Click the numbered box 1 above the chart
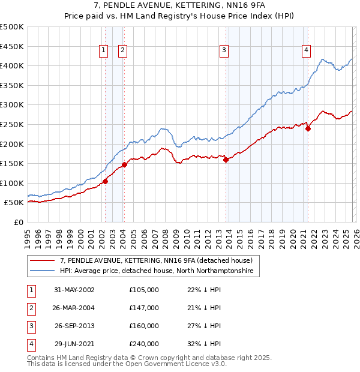[x=104, y=51]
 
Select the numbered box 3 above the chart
[x=224, y=51]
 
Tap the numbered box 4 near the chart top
[x=306, y=51]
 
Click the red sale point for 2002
[x=105, y=181]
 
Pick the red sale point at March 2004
[x=124, y=164]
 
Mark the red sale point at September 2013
[x=226, y=160]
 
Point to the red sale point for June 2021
[x=308, y=128]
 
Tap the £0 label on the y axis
[x=18, y=222]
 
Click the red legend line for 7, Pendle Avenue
[x=42, y=260]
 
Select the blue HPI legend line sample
[x=42, y=271]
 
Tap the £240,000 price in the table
[x=144, y=344]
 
